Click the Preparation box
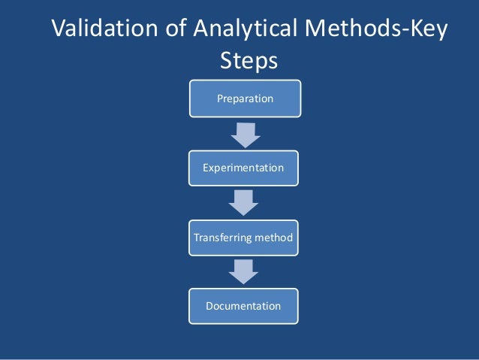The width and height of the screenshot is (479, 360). tap(245, 98)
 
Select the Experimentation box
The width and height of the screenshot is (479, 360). tap(243, 168)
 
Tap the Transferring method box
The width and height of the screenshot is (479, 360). tap(243, 237)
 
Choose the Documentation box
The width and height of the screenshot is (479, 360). tap(243, 307)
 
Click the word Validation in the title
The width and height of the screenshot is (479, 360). tap(104, 31)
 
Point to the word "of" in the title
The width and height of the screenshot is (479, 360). tap(172, 31)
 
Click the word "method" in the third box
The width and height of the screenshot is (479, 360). tap(273, 237)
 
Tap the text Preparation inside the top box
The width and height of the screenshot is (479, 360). tap(245, 98)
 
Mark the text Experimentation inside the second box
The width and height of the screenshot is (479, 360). tap(243, 168)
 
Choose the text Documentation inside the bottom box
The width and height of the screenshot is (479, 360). tap(243, 307)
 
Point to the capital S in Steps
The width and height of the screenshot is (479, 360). tap(226, 61)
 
